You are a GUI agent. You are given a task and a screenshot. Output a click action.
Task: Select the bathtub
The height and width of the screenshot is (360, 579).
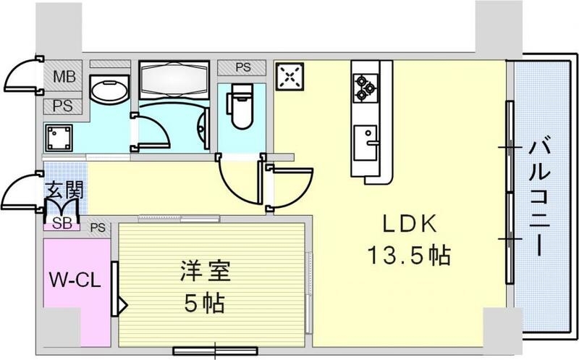pyautogui.click(x=174, y=80)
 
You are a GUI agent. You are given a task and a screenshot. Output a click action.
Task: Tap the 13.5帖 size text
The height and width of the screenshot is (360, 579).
pyautogui.click(x=408, y=255)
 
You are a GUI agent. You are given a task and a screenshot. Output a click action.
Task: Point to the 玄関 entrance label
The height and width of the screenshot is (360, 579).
pyautogui.click(x=64, y=192)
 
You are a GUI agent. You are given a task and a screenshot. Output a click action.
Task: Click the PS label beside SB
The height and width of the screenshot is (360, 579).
pyautogui.click(x=98, y=227)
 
